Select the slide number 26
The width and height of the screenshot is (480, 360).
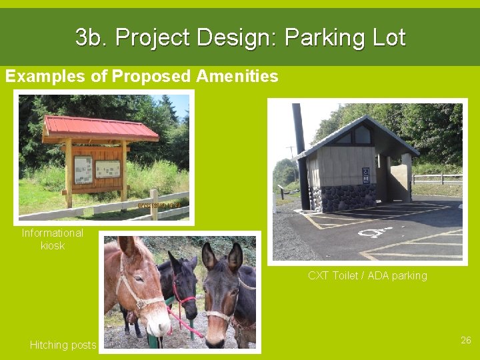(465, 340)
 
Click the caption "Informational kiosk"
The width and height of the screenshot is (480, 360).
(52, 239)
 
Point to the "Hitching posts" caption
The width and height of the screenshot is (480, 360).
(63, 345)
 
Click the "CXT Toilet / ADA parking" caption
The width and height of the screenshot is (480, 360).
(367, 275)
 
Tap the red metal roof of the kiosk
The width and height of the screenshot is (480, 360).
(100, 127)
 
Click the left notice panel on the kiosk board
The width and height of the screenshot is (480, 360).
(83, 169)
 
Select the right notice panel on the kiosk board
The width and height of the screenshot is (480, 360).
(107, 169)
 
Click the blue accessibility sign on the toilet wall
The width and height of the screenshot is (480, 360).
(365, 176)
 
